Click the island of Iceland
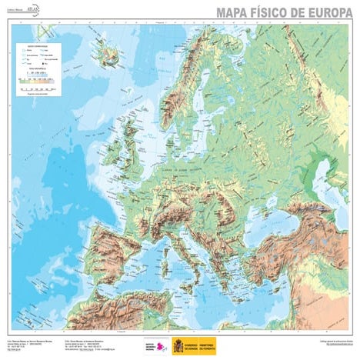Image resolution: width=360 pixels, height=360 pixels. [106, 55]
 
